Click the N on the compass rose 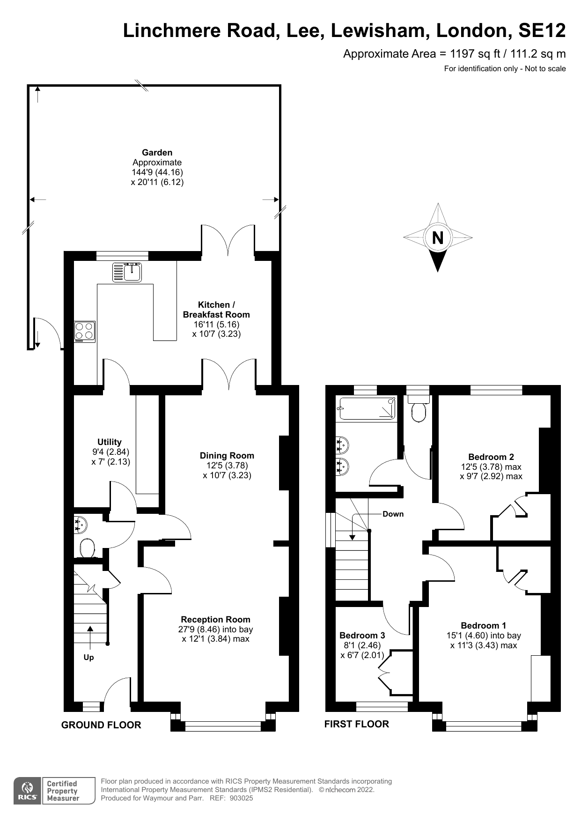[x=438, y=238]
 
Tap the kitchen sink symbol [x=127, y=272]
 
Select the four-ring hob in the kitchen [x=85, y=332]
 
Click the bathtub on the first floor [x=367, y=407]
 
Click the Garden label [x=157, y=152]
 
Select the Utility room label [x=110, y=442]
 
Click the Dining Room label [x=227, y=455]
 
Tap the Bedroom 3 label [x=362, y=635]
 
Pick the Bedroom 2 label [x=491, y=457]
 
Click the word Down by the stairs [x=393, y=514]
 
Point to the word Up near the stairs [x=88, y=658]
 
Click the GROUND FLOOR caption [x=101, y=725]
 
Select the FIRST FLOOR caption [x=357, y=724]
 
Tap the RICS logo [x=27, y=791]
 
